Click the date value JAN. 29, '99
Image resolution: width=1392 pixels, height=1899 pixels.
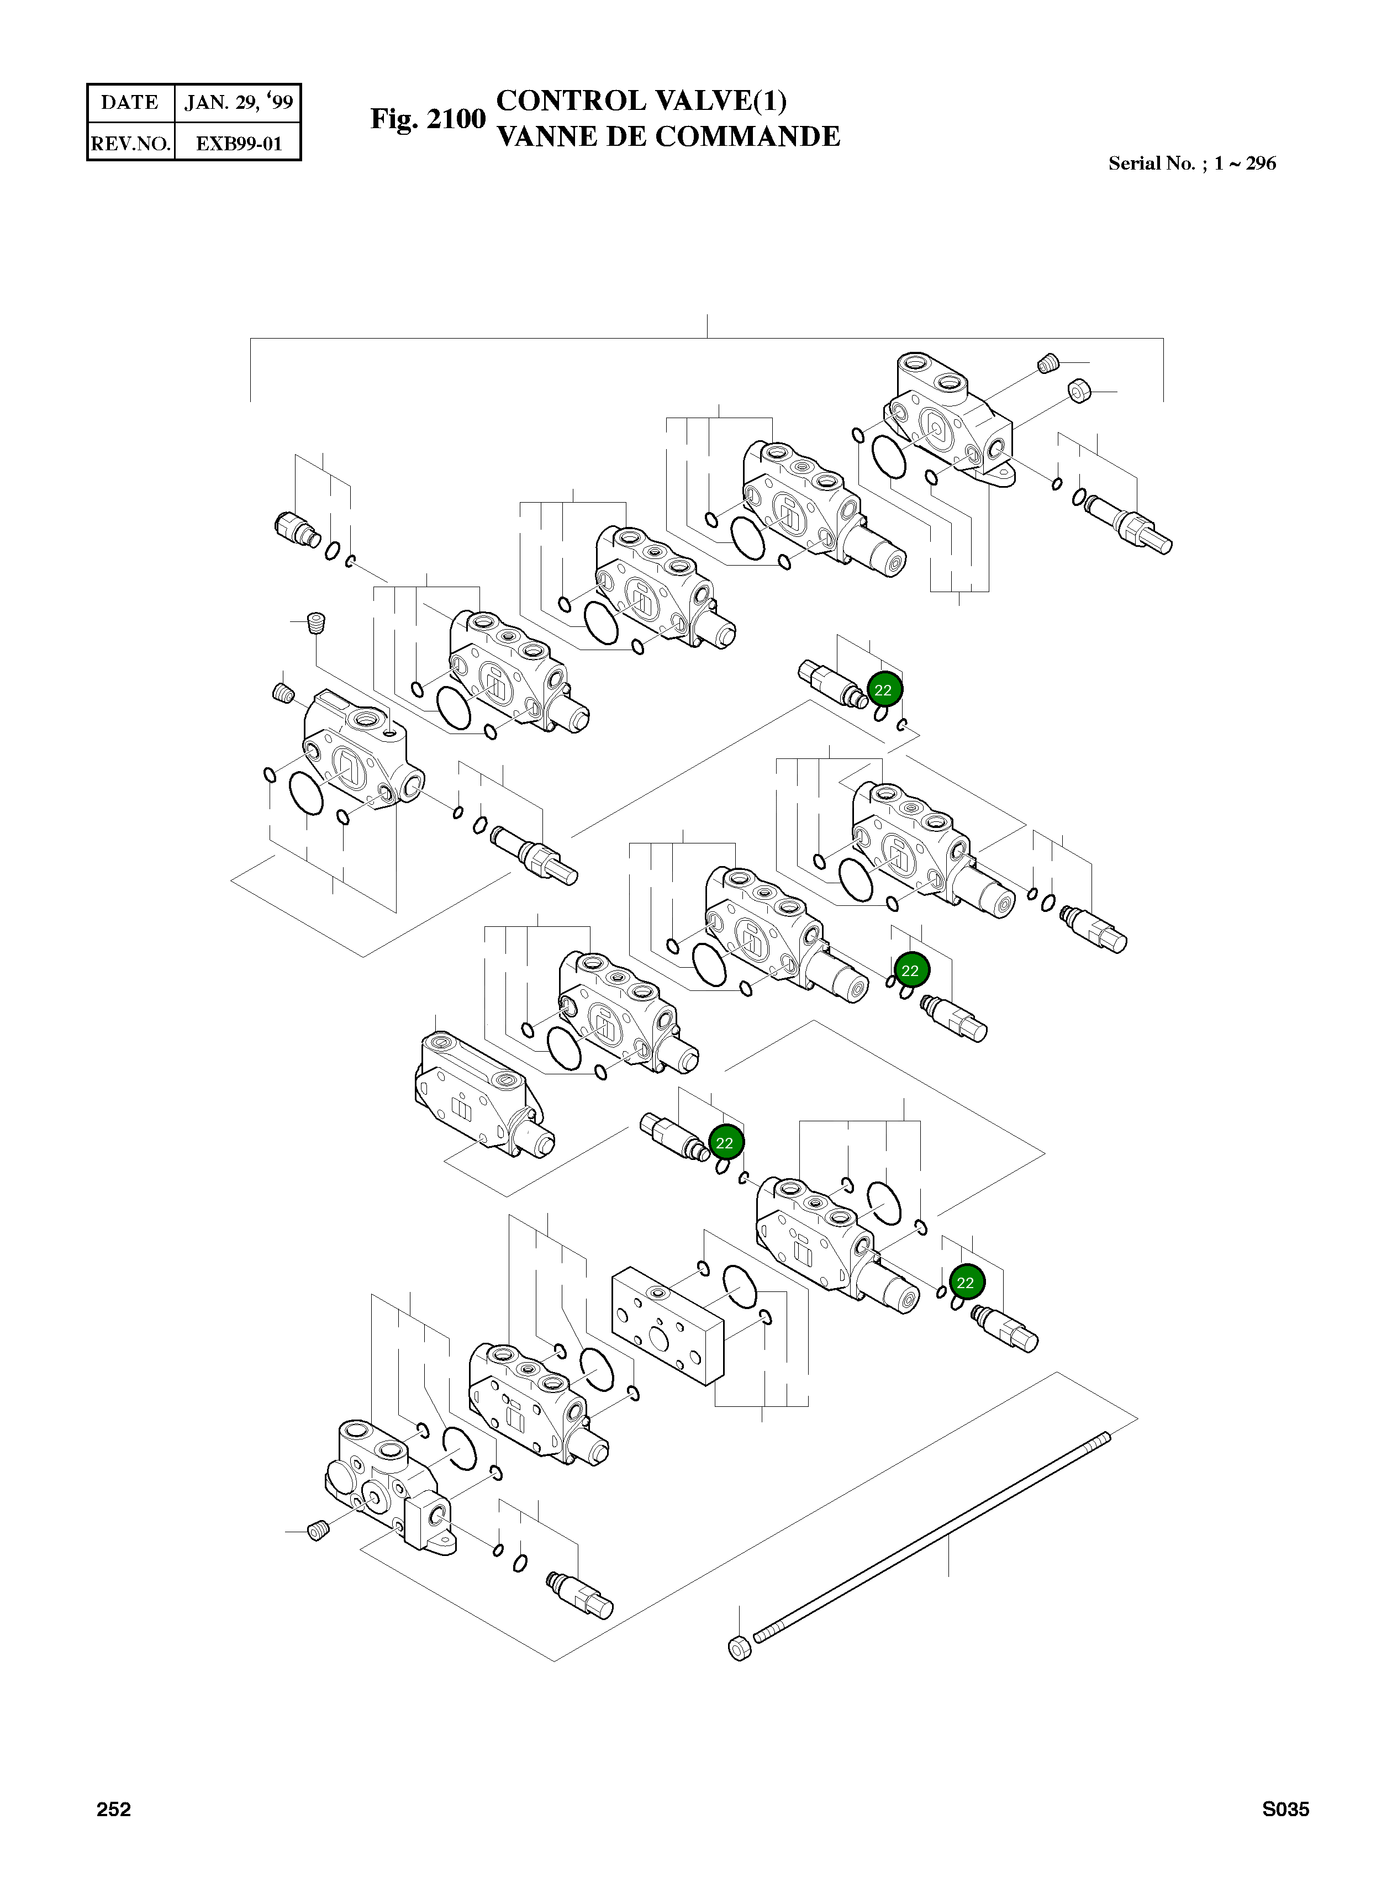239,103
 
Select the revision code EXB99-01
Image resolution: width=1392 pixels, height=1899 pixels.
239,143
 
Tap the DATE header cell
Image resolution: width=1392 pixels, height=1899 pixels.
130,103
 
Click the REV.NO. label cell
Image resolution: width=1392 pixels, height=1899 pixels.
130,143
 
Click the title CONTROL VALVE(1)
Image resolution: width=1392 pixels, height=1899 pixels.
641,101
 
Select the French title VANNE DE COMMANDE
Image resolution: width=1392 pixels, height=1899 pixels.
668,136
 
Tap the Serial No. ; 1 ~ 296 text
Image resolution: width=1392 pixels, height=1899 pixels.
1191,163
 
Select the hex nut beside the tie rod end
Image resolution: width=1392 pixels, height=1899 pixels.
738,1647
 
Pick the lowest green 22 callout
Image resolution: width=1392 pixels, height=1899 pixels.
966,1282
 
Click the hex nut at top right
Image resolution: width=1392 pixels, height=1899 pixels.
1079,391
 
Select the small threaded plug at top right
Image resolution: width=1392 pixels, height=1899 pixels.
1047,364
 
